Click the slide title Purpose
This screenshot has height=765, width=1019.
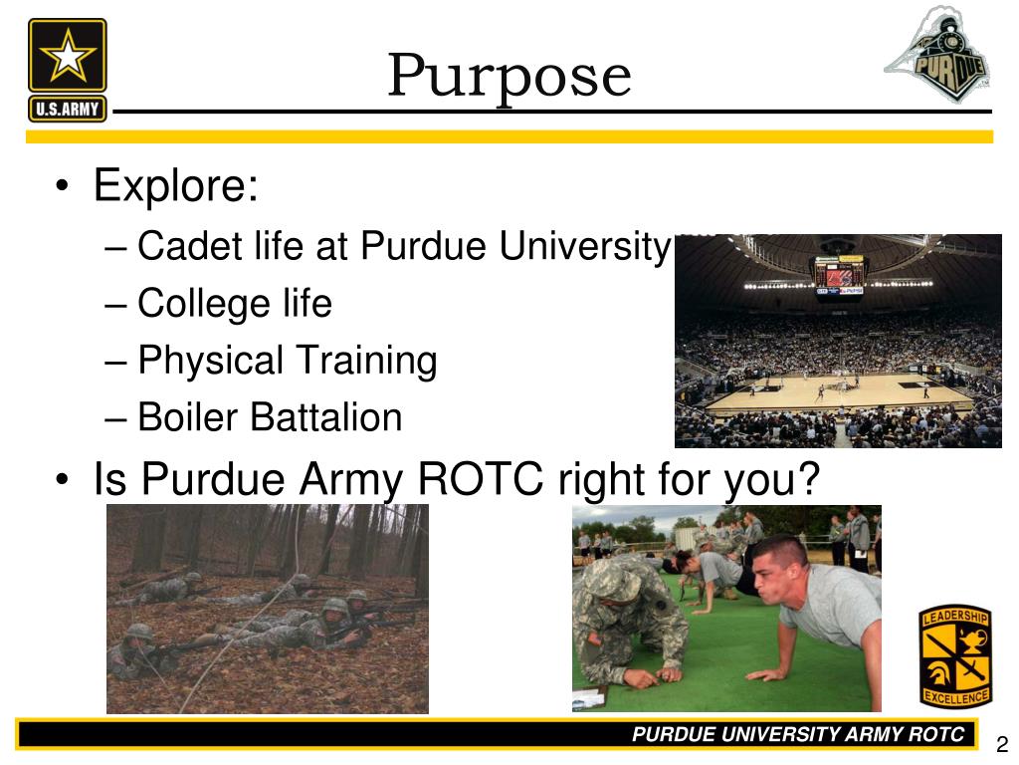[x=509, y=78]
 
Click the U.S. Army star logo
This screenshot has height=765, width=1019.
[x=67, y=70]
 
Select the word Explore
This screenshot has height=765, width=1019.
[x=175, y=185]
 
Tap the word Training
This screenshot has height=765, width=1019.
[x=367, y=361]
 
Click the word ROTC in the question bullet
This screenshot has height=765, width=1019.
[x=481, y=479]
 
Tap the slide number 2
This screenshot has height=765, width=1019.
[x=1002, y=743]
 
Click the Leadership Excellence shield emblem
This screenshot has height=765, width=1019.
[x=954, y=656]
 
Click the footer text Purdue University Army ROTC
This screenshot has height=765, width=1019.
[x=798, y=734]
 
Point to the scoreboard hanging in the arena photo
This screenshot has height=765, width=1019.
[x=840, y=276]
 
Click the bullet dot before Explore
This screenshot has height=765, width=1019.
[x=62, y=186]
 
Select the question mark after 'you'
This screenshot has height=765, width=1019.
[x=808, y=478]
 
